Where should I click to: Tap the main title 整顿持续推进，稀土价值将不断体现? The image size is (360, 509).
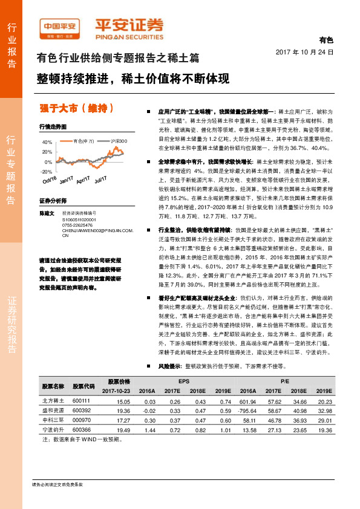[133, 79]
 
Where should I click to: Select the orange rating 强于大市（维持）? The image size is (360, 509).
[77, 108]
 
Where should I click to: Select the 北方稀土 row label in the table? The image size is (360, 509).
[53, 400]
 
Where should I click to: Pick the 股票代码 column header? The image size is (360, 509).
[83, 386]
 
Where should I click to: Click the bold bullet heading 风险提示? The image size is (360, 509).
[171, 366]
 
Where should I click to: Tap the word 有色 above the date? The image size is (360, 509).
[326, 41]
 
